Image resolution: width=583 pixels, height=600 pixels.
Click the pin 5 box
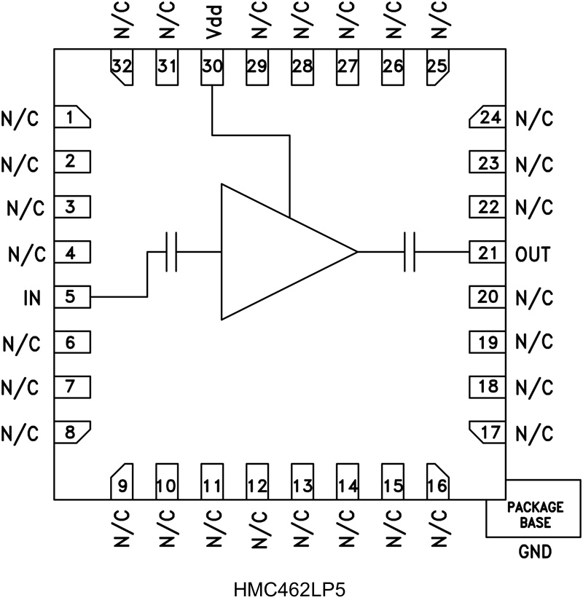point(72,297)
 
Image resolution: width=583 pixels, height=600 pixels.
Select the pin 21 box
point(486,253)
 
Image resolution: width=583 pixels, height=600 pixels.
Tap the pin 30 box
point(212,67)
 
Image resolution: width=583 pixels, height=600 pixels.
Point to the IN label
point(33,298)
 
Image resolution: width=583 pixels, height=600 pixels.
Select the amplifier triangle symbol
point(277,252)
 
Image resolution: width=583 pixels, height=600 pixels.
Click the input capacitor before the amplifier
point(172,252)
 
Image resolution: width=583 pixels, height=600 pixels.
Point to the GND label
point(535,552)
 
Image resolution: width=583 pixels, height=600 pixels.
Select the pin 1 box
point(72,117)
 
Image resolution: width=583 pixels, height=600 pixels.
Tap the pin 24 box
point(486,117)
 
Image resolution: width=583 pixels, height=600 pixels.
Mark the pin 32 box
point(122,67)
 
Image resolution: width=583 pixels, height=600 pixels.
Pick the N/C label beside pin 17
point(534,433)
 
